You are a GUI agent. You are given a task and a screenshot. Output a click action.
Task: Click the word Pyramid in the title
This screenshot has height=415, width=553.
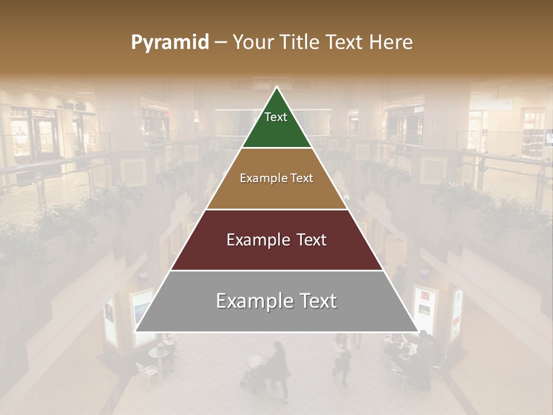[x=169, y=43]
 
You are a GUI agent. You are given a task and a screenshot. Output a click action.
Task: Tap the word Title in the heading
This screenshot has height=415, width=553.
[x=301, y=43]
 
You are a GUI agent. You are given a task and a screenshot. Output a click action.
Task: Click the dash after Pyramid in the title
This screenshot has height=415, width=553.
[x=221, y=43]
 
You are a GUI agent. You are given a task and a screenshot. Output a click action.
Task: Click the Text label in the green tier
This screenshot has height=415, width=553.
[x=276, y=117]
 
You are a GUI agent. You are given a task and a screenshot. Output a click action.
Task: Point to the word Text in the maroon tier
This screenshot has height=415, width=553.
[x=309, y=240]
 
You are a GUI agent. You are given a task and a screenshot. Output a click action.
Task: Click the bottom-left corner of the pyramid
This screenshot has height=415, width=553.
[x=135, y=331]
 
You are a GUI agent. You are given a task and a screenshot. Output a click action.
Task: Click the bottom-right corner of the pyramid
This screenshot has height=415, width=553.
[x=418, y=331]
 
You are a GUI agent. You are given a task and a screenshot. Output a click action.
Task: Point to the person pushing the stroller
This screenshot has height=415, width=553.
[x=279, y=369]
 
